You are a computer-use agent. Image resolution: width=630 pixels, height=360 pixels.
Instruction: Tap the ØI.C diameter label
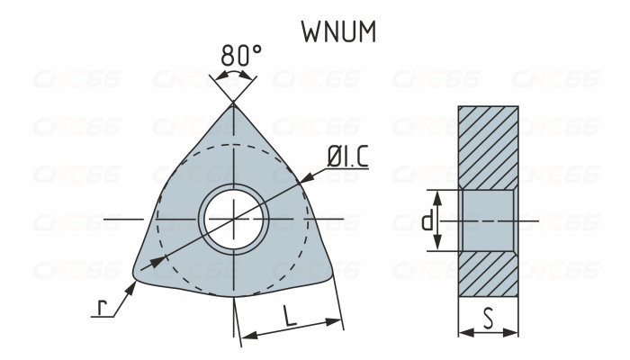(x=346, y=157)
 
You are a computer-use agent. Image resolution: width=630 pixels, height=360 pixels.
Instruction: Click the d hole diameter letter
(x=427, y=220)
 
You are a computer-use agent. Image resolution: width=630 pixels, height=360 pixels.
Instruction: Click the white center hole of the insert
(x=233, y=220)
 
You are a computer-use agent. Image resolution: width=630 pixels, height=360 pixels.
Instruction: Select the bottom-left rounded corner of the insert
(x=139, y=271)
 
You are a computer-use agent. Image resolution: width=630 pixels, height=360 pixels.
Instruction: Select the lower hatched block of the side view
(x=488, y=274)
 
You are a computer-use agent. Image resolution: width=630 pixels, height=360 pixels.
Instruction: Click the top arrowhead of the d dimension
(x=438, y=195)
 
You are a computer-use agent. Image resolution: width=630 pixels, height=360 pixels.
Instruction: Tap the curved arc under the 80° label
(x=233, y=73)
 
